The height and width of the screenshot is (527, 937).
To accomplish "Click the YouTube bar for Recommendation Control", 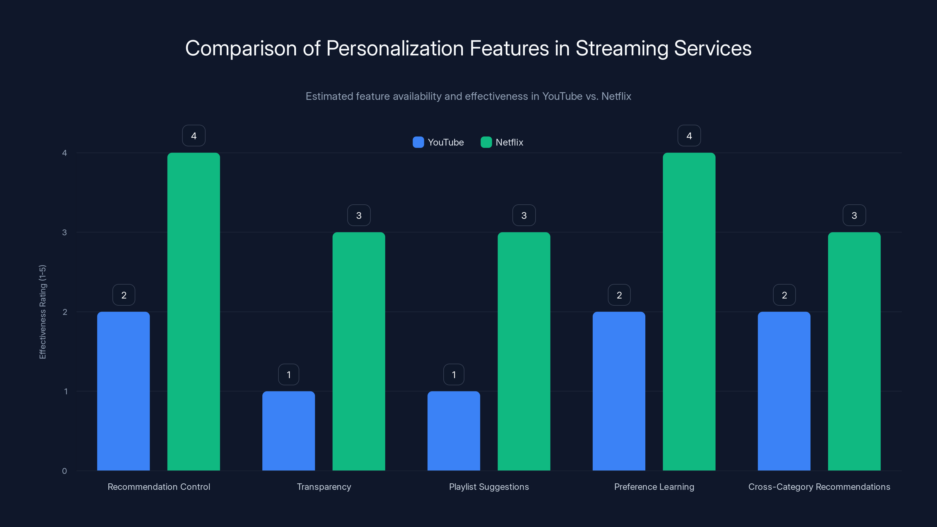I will [123, 391].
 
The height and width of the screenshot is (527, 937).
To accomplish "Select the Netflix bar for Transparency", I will [359, 351].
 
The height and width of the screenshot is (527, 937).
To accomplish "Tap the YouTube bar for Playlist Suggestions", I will [454, 431].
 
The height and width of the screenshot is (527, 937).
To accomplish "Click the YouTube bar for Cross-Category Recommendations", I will [784, 391].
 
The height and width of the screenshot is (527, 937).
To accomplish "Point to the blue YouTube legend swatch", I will [418, 142].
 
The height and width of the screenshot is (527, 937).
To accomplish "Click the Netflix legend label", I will [509, 142].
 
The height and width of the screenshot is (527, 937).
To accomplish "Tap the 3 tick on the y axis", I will [65, 232].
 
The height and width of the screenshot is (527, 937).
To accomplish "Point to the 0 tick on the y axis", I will [65, 471].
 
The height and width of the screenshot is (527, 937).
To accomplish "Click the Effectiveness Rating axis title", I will [42, 312].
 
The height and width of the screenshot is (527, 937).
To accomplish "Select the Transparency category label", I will [324, 487].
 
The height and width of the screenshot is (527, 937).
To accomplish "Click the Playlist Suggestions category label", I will [489, 487].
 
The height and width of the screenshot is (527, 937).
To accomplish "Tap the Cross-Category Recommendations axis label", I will [819, 487].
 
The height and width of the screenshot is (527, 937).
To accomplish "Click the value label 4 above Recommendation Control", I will [194, 136].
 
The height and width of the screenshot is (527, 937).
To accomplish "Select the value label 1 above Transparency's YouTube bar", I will [288, 375].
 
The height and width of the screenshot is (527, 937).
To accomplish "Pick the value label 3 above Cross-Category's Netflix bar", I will [854, 215].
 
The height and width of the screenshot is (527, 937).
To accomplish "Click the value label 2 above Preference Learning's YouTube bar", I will [619, 295].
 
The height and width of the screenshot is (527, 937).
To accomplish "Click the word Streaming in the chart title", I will [622, 48].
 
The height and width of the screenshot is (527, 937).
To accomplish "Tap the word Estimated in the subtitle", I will [329, 96].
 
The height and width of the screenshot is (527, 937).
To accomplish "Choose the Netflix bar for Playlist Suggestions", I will [524, 351].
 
